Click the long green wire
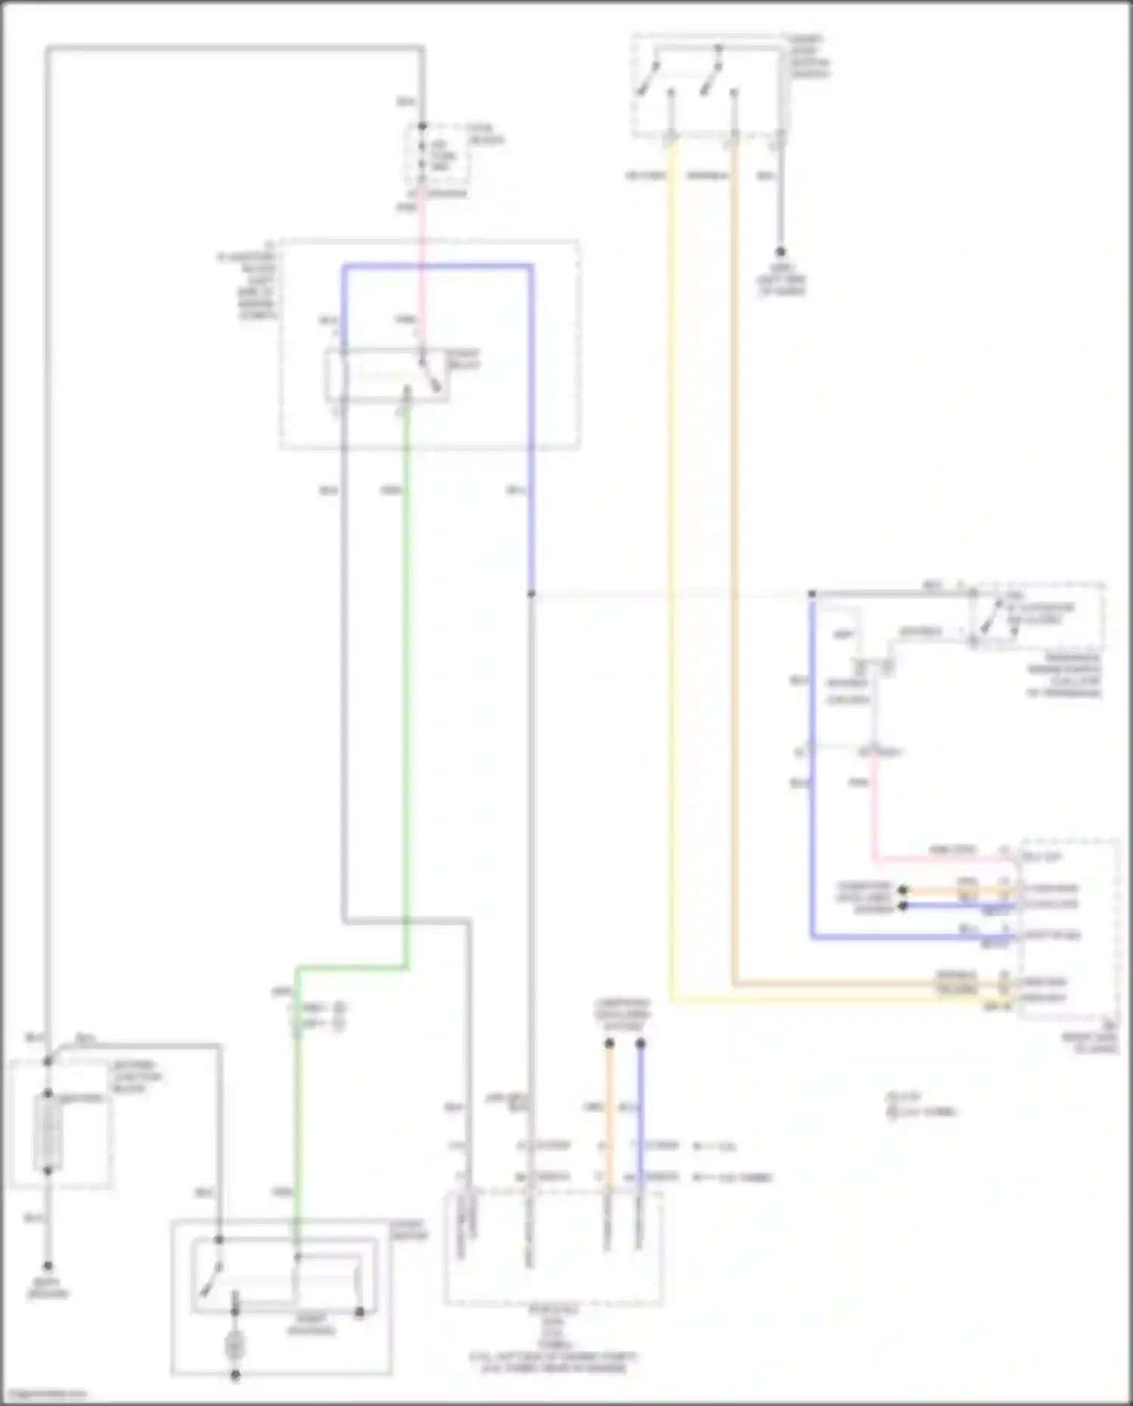(407, 680)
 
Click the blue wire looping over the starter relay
(438, 266)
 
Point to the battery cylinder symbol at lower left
(48, 1133)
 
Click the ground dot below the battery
(48, 1265)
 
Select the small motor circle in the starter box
(235, 1346)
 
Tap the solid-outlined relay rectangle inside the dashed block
(386, 375)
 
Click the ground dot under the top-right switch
(780, 252)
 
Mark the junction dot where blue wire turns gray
(532, 595)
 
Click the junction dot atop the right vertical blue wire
(813, 595)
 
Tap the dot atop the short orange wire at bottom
(609, 1044)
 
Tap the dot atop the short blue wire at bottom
(641, 1044)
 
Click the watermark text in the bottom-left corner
(44, 1394)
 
